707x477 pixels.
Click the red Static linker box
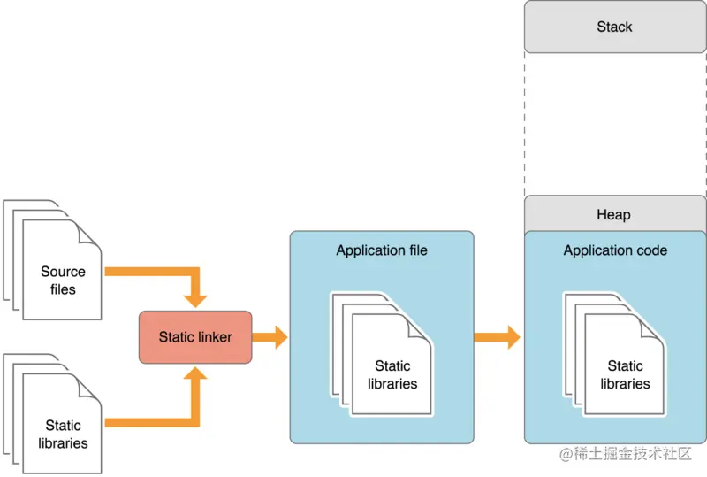[195, 337]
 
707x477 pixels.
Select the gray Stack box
[614, 27]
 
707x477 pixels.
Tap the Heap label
[614, 215]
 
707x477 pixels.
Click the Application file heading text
[382, 250]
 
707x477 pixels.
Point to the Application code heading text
[615, 250]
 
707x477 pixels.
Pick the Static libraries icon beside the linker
[62, 425]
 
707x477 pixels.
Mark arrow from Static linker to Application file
[270, 337]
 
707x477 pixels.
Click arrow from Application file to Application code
[498, 337]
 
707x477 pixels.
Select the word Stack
[614, 27]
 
